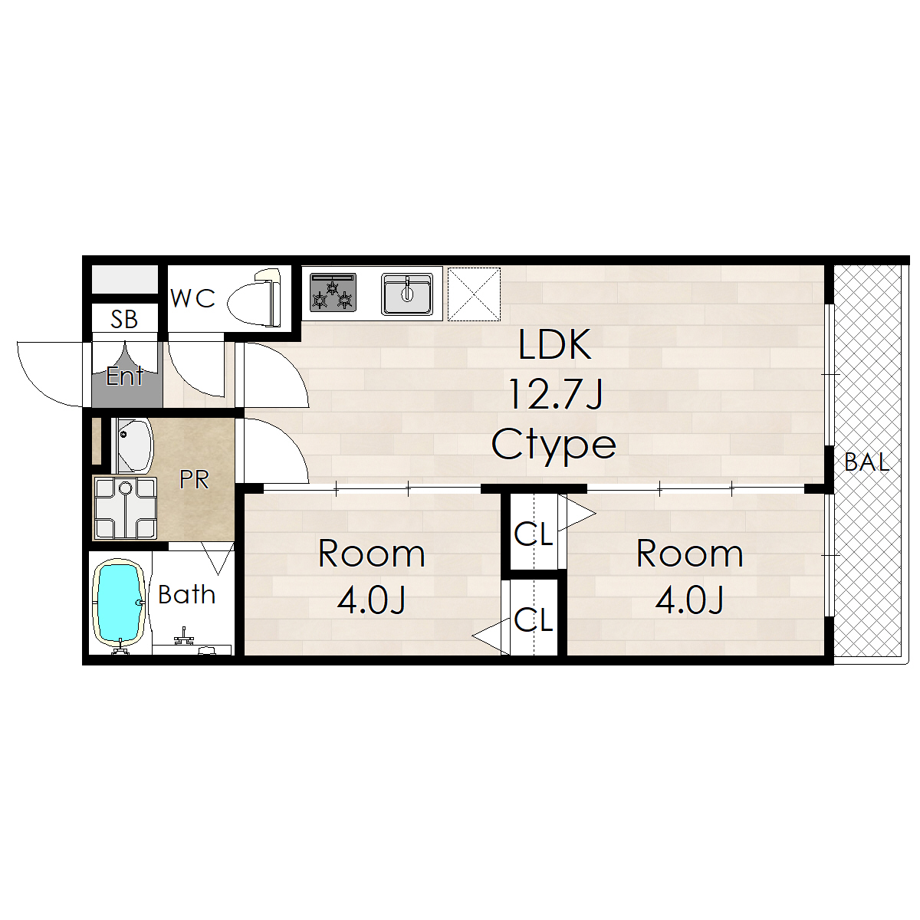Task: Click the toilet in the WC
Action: (255, 298)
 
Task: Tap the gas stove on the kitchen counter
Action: (333, 292)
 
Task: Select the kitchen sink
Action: (407, 294)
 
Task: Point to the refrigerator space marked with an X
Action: (474, 294)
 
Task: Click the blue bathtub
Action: (120, 602)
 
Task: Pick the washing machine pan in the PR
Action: (125, 508)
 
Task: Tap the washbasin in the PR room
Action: (133, 446)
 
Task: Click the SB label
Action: (124, 320)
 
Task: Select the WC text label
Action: (193, 298)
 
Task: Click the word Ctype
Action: (554, 445)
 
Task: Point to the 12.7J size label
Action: (555, 394)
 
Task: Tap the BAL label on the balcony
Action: (866, 462)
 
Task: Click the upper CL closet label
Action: (534, 534)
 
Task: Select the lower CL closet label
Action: (534, 619)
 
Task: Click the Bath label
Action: (186, 594)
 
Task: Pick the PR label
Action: (194, 479)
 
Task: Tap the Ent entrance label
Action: (124, 376)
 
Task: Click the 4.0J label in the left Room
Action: (371, 600)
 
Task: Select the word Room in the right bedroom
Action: (689, 554)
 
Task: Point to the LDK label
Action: (555, 344)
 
